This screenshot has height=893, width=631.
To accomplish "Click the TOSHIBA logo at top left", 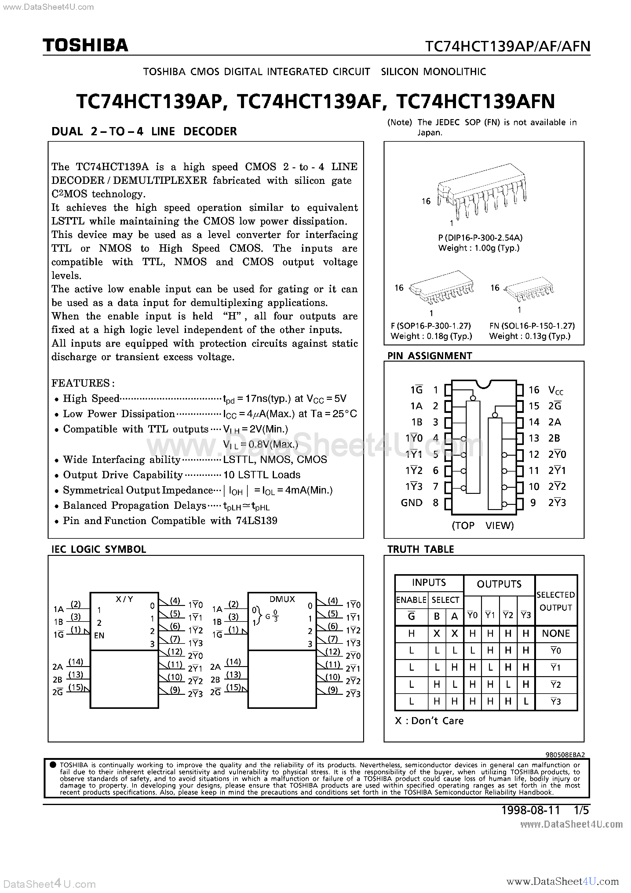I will coord(85,46).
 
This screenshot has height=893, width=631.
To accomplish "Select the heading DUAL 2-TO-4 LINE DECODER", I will coord(144,131).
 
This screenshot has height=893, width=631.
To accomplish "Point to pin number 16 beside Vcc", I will coord(534,390).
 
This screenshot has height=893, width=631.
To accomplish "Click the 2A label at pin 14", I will coord(554,422).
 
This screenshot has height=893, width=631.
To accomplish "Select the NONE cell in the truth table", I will coord(556,634).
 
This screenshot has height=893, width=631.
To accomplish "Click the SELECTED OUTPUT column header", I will coord(556,601).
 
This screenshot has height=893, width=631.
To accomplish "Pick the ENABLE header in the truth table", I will coord(411,600).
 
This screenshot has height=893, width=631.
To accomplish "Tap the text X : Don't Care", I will coord(429,721).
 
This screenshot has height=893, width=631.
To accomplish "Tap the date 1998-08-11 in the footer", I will coord(531,810).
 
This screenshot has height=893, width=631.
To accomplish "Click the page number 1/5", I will coord(582,810).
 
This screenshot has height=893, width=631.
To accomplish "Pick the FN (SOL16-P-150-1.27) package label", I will coord(532,326).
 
